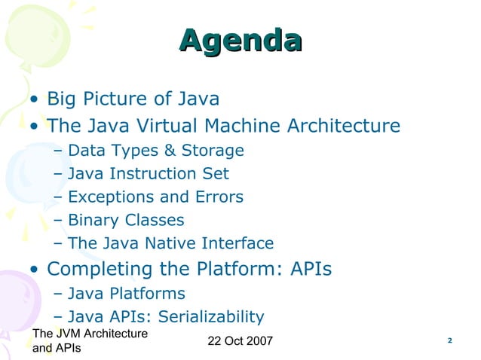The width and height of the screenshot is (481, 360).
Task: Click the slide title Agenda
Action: (240, 41)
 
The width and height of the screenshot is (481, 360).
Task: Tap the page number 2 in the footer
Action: (449, 341)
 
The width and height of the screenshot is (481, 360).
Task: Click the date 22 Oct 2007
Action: (240, 343)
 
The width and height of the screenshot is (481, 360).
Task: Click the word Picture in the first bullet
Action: (121, 99)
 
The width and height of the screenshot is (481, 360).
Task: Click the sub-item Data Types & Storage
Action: (155, 151)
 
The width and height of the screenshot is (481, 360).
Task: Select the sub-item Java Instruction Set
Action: (148, 174)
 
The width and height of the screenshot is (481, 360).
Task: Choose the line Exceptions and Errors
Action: (155, 197)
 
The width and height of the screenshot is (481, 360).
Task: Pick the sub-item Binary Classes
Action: (125, 221)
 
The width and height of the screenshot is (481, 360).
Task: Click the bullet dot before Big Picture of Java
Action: (35, 100)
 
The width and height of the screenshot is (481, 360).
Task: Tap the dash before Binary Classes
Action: (60, 221)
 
